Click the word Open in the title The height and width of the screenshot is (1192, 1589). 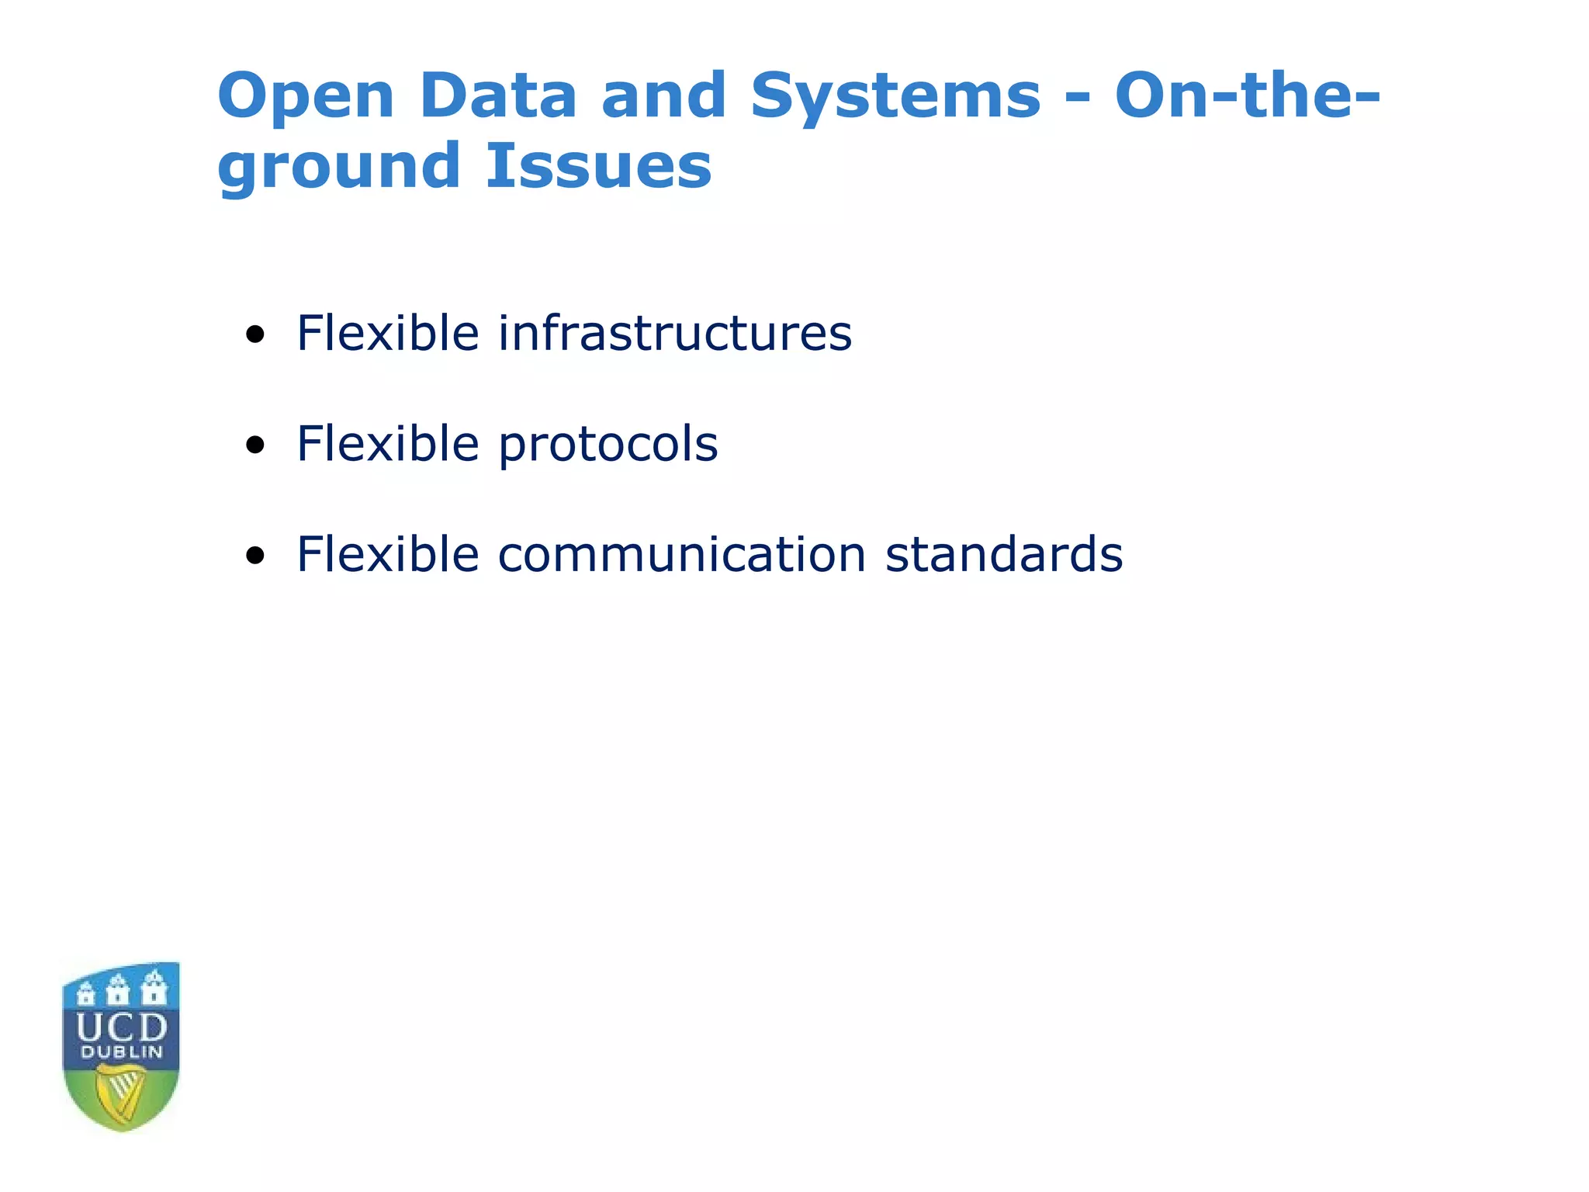[x=306, y=96]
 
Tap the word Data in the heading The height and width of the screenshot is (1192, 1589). [x=497, y=96]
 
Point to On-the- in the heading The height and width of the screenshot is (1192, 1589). [x=1247, y=96]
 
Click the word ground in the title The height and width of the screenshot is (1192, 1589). [x=339, y=168]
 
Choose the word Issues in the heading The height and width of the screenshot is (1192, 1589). [x=597, y=166]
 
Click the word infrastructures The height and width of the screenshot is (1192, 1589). [x=674, y=333]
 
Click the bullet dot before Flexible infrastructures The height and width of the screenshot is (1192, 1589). [x=254, y=335]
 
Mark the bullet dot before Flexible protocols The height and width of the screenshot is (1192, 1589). [x=254, y=446]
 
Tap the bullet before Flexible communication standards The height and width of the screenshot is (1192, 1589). [x=254, y=556]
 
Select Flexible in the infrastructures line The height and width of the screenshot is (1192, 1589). [x=387, y=333]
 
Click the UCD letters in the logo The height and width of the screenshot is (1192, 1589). [x=122, y=1028]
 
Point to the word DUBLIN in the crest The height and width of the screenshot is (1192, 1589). [x=122, y=1053]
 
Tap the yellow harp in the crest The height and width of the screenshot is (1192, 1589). [x=121, y=1094]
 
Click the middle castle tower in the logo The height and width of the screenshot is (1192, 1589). [x=118, y=989]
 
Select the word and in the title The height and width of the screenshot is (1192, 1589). [x=663, y=96]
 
